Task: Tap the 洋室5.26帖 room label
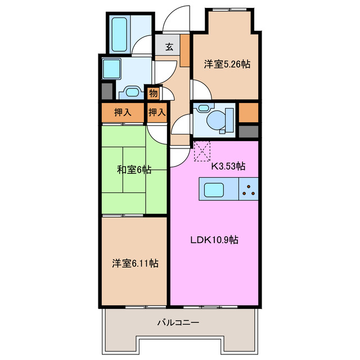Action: coord(227,64)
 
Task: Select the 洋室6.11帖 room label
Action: coord(134,263)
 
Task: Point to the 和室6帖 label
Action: coord(134,169)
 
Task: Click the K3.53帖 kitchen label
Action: coord(228,166)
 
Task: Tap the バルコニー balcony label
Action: coord(178,323)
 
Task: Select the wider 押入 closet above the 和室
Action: coord(123,112)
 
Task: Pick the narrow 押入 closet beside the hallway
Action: coord(157,112)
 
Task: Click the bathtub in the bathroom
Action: coord(119,34)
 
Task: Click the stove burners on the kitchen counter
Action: coord(249,190)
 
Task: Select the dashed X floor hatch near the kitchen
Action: coord(201,151)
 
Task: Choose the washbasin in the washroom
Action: coord(133,91)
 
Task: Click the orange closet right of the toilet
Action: coord(248,112)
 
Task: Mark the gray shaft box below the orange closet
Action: coord(248,132)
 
